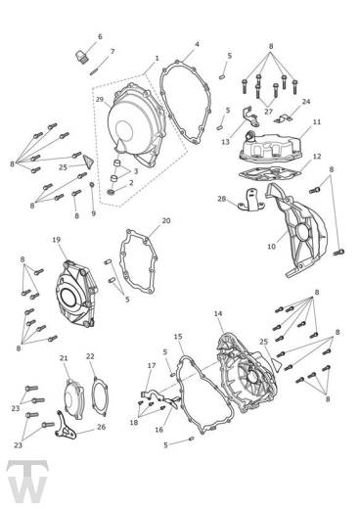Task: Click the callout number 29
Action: tap(100, 101)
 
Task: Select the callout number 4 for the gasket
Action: tap(197, 44)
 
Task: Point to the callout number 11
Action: tap(316, 122)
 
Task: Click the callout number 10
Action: tap(271, 248)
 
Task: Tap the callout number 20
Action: tap(166, 220)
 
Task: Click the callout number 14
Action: tap(218, 314)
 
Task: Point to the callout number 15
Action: tap(178, 337)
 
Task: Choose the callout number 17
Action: tap(152, 366)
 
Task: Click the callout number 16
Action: tap(159, 429)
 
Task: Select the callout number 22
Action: tap(90, 356)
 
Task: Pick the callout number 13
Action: tap(225, 141)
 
